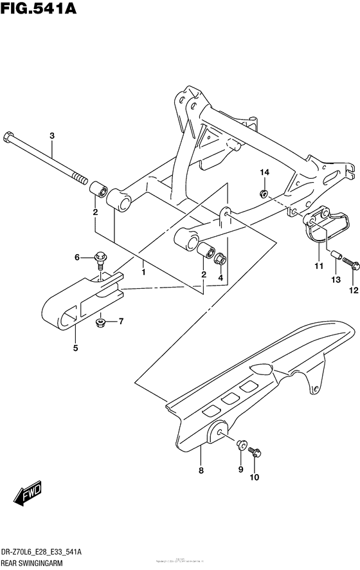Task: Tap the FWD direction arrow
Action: pyautogui.click(x=29, y=494)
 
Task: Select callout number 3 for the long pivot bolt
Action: pyautogui.click(x=52, y=135)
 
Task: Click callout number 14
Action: pyautogui.click(x=264, y=172)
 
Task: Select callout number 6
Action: pyautogui.click(x=78, y=257)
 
